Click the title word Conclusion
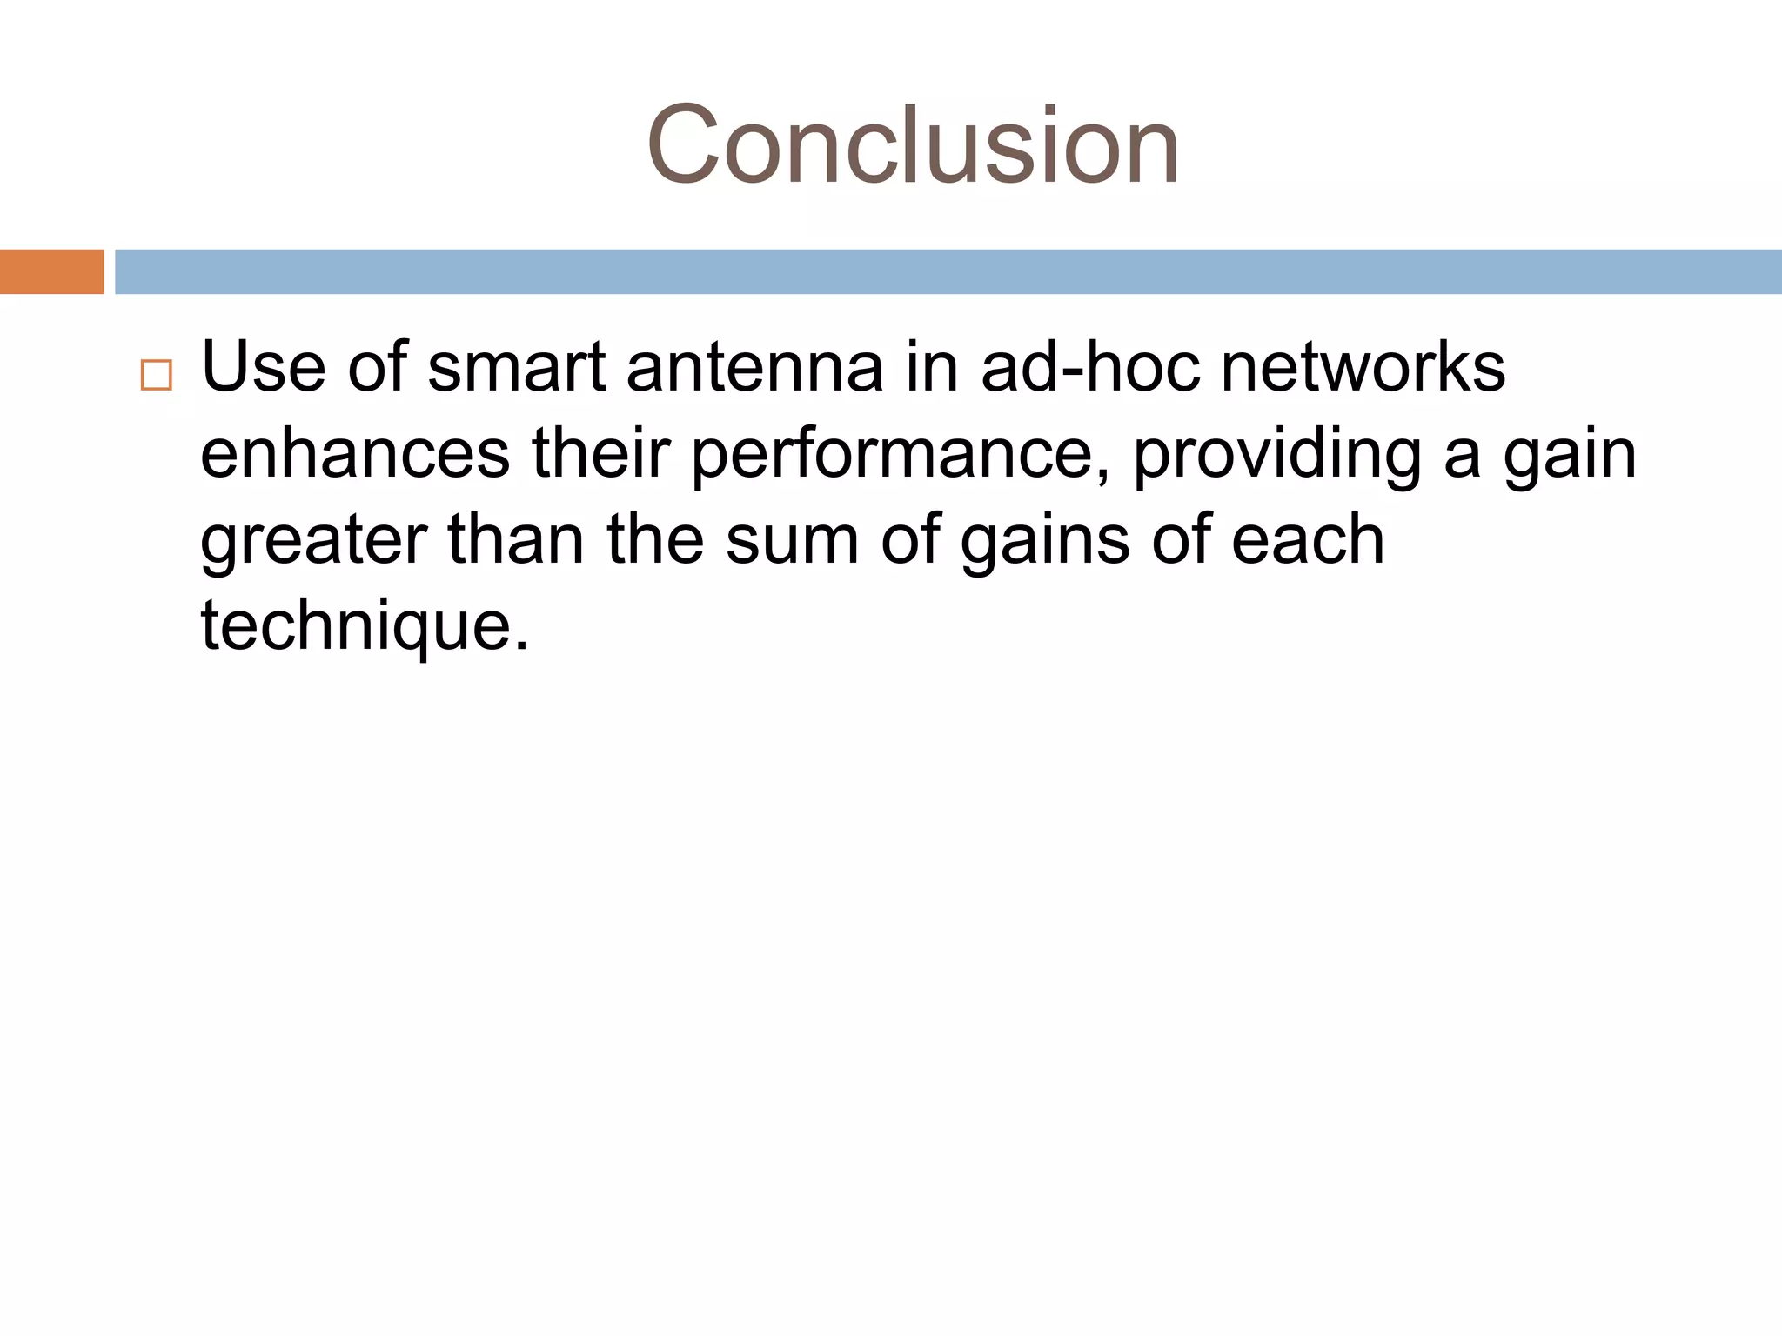pos(913,145)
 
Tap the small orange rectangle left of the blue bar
pos(51,271)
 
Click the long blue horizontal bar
pos(948,271)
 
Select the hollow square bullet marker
pos(156,375)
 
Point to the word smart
pos(516,367)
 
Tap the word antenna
pos(754,367)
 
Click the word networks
pos(1363,367)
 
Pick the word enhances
pos(355,453)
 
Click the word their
pos(600,453)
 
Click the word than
pos(516,539)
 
